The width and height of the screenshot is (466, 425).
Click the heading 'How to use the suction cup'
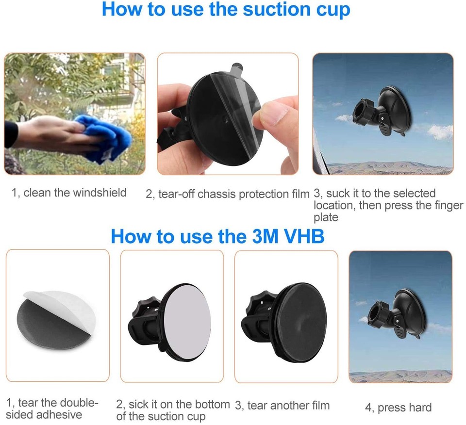point(226,10)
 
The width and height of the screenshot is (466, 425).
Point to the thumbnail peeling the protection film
point(227,114)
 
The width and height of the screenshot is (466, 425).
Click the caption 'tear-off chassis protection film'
point(228,195)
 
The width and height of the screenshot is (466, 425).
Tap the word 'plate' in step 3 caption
point(325,217)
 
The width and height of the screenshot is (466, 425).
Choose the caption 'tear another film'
point(282,405)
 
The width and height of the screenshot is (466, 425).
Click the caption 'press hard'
point(398,408)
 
